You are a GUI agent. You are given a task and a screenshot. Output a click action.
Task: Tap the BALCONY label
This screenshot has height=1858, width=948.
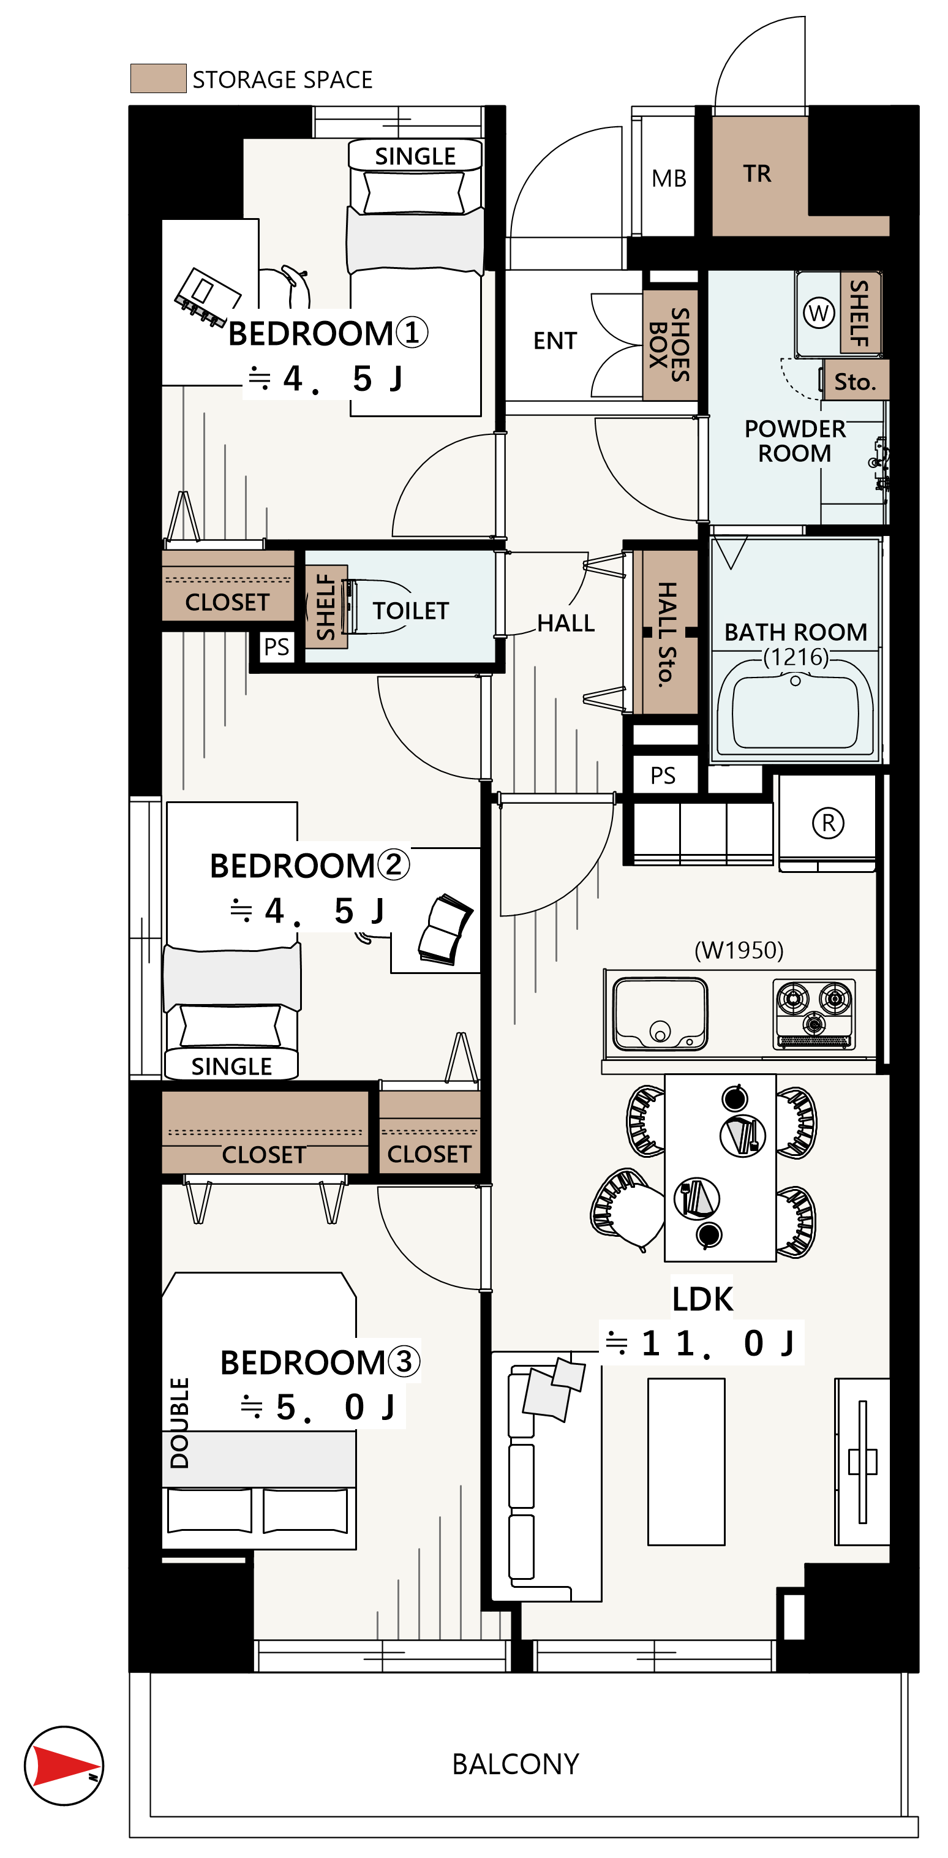pyautogui.click(x=516, y=1764)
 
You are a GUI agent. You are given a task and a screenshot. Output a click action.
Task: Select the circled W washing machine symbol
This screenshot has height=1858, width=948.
pyautogui.click(x=819, y=313)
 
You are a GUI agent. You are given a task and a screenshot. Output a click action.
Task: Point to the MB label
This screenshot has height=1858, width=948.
pyautogui.click(x=669, y=178)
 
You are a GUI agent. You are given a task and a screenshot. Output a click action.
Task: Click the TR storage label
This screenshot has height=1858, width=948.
pyautogui.click(x=757, y=174)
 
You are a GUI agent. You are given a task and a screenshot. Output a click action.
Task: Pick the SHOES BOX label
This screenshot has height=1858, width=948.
pyautogui.click(x=670, y=345)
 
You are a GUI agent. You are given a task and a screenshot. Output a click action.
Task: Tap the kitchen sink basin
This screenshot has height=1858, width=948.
pyautogui.click(x=660, y=1013)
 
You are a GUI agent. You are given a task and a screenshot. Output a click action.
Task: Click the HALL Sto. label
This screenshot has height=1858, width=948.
pyautogui.click(x=667, y=634)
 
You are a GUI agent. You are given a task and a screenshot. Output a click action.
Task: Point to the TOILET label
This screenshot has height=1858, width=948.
pyautogui.click(x=411, y=611)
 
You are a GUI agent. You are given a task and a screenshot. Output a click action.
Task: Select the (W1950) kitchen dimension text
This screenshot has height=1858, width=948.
pyautogui.click(x=739, y=950)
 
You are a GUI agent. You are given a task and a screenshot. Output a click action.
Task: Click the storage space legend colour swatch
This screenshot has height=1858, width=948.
pyautogui.click(x=158, y=78)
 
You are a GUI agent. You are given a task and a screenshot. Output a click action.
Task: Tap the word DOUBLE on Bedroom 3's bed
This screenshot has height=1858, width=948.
pyautogui.click(x=179, y=1423)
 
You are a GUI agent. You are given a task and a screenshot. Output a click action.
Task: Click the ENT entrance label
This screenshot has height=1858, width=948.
pyautogui.click(x=555, y=341)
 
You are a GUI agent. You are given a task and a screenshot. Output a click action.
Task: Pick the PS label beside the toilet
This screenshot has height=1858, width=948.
pyautogui.click(x=276, y=647)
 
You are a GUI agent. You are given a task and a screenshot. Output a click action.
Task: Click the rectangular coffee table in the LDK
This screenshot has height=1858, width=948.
pyautogui.click(x=686, y=1461)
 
